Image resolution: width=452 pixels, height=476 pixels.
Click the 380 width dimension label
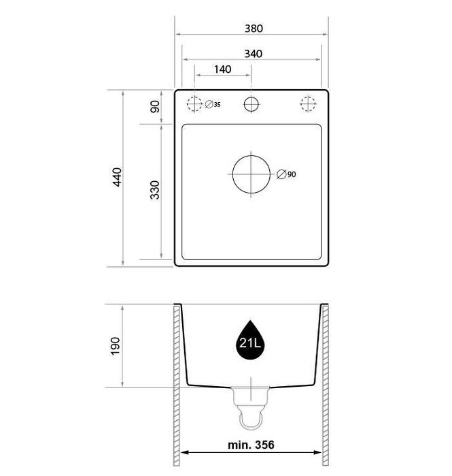point(252,29)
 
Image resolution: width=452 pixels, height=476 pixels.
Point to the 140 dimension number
point(222,69)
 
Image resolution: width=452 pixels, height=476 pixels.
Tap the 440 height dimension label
point(117,177)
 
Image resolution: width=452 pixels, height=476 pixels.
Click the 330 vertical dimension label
point(155,190)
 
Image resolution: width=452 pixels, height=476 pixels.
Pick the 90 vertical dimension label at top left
point(155,106)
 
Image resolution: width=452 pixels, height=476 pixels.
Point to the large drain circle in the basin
point(251,173)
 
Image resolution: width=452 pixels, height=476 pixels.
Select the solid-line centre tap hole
point(251,104)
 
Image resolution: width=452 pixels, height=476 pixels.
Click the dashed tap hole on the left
point(195,104)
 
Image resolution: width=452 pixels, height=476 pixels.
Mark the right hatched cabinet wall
point(326,388)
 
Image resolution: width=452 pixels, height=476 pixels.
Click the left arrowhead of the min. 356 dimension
point(184,452)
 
